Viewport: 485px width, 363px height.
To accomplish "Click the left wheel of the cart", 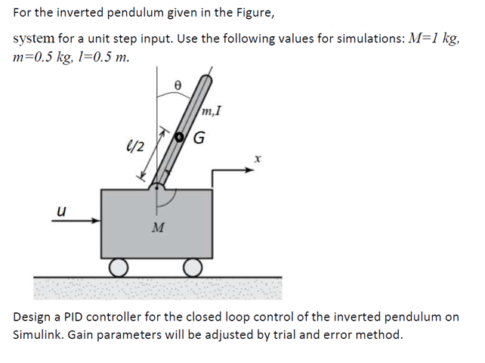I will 118,266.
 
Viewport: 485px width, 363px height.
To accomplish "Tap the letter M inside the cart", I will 158,227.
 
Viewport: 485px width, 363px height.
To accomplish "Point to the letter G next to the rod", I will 199,138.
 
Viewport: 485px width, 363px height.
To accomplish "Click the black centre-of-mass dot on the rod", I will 180,137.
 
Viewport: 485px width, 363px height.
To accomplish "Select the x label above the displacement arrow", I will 257,160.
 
